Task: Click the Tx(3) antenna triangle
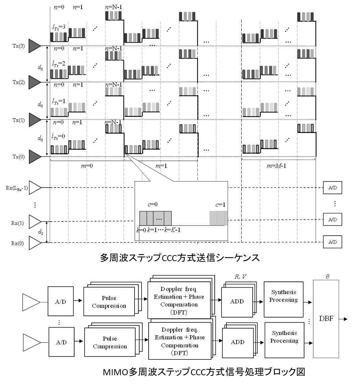point(35,46)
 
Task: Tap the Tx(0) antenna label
point(19,156)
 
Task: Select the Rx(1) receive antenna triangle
point(35,222)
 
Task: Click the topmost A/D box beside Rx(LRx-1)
point(332,188)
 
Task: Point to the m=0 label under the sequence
point(87,166)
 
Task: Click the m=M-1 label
point(276,166)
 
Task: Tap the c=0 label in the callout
point(152,204)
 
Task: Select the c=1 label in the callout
point(220,205)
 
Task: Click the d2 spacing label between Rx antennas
point(41,232)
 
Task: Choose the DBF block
point(326,319)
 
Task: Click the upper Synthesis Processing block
point(284,299)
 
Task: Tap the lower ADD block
point(238,342)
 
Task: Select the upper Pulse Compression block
point(109,301)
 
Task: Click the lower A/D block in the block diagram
point(61,342)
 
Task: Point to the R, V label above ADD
point(241,277)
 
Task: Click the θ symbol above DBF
point(327,276)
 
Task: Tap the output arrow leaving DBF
point(343,319)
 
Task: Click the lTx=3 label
point(59,27)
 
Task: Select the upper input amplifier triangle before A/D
point(31,302)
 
